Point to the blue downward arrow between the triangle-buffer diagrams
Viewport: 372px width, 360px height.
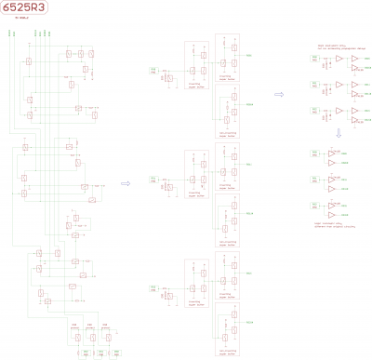click(339, 134)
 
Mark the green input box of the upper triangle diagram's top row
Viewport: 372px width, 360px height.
click(317, 60)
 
